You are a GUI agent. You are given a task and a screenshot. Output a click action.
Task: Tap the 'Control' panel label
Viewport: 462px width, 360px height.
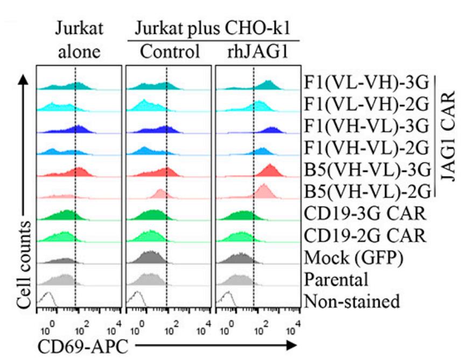[170, 52]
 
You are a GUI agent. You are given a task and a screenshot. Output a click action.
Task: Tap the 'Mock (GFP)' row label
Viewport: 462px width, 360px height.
[354, 258]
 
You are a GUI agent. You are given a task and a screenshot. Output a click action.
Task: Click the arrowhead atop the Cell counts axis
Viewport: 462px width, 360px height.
[23, 80]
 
